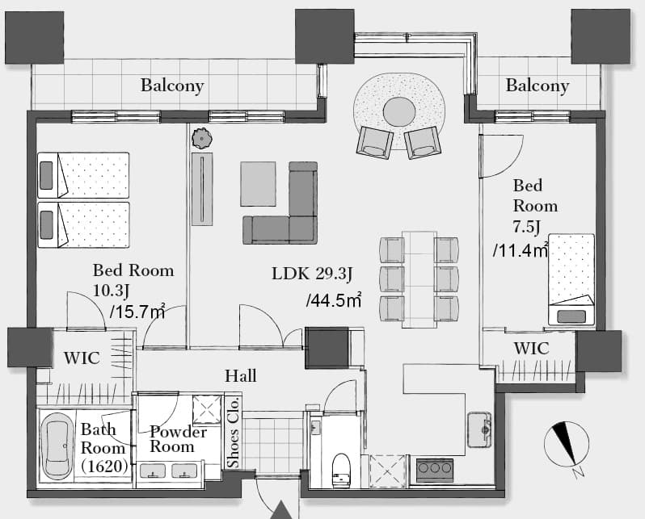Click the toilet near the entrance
tap(341, 470)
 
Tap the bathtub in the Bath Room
tap(58, 446)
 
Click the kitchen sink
tap(479, 429)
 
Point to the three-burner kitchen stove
tap(435, 470)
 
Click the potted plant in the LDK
tap(201, 138)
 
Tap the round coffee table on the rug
tap(399, 111)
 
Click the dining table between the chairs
tap(419, 279)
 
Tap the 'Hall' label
tap(241, 376)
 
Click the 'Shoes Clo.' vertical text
tap(234, 431)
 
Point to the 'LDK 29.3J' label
tap(312, 274)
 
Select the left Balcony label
tap(172, 86)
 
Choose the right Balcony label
tap(537, 86)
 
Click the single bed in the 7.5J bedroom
tap(571, 280)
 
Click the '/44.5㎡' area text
tap(334, 300)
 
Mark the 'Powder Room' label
tap(178, 439)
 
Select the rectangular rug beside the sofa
tap(259, 184)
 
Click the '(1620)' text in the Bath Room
tap(104, 467)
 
